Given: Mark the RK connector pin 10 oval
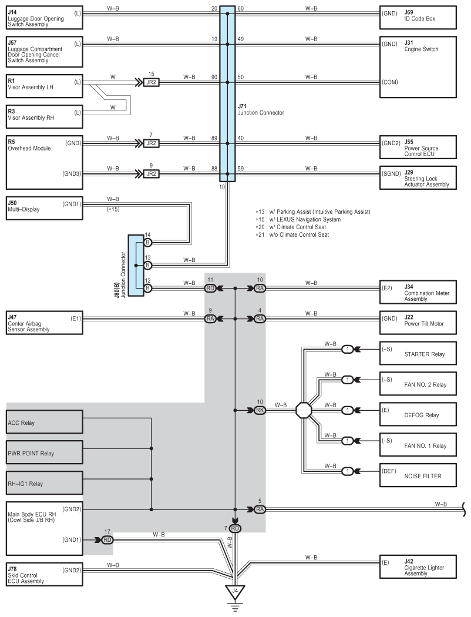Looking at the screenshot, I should pyautogui.click(x=260, y=410).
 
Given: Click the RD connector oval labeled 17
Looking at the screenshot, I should pyautogui.click(x=107, y=540).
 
